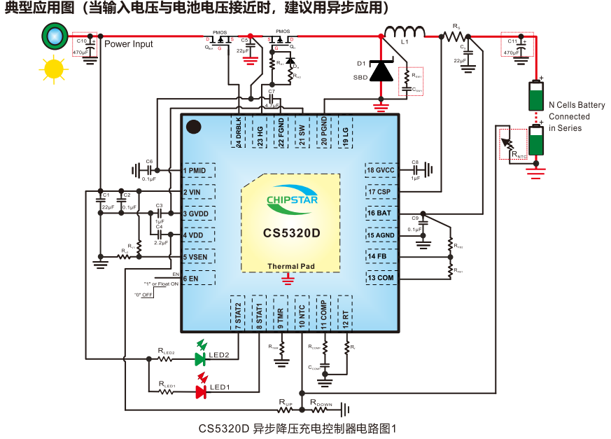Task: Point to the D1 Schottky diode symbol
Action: [x=381, y=71]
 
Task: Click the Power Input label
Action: [x=129, y=44]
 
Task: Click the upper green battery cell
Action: [x=536, y=95]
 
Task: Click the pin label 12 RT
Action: [x=344, y=312]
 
